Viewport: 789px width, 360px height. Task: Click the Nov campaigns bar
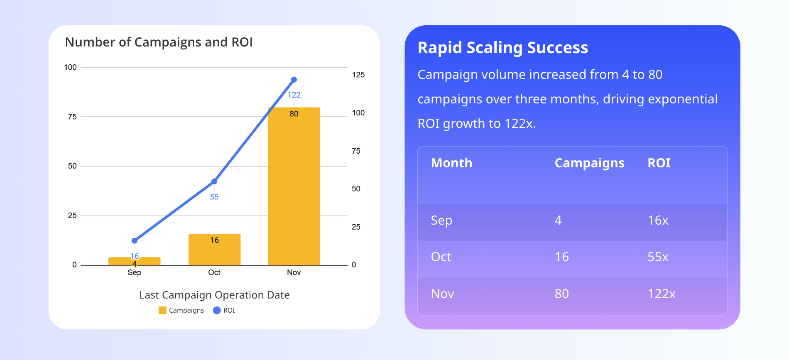[x=294, y=187]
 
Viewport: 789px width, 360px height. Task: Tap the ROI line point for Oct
[x=214, y=181]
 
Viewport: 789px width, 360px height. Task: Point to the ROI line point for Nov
[x=294, y=80]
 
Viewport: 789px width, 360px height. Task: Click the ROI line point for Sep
[x=135, y=241]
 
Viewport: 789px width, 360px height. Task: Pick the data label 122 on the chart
[x=294, y=95]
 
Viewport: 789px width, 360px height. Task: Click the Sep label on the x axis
[x=135, y=273]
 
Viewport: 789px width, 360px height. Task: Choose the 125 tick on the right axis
[x=358, y=75]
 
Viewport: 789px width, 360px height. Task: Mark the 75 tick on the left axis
[x=72, y=117]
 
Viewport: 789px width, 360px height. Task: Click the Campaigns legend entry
[x=181, y=311]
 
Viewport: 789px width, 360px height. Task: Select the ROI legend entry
[x=224, y=311]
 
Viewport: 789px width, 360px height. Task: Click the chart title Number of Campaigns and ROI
[x=159, y=42]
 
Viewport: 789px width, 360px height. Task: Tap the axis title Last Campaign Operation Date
[x=214, y=295]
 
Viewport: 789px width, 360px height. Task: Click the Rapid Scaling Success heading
[x=502, y=48]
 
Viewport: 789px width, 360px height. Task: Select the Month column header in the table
[x=451, y=163]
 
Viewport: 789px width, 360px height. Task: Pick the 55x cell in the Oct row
[x=658, y=257]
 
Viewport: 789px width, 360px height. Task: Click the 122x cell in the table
[x=662, y=294]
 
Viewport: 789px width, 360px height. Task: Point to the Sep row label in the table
[x=441, y=220]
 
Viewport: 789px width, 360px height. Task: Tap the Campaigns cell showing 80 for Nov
[x=561, y=294]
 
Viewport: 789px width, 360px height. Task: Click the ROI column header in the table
[x=659, y=163]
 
